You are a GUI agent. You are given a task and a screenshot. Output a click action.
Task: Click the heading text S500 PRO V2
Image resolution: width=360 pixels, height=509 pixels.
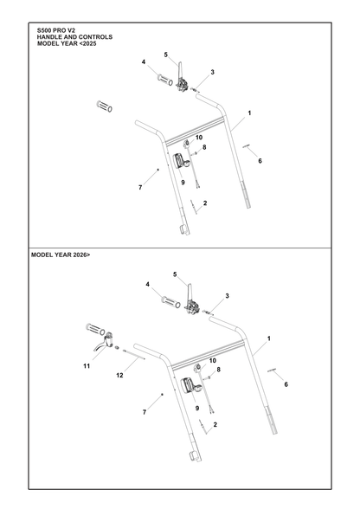(56, 30)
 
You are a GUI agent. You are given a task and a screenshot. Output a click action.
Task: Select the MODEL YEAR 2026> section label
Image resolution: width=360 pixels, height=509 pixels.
(61, 255)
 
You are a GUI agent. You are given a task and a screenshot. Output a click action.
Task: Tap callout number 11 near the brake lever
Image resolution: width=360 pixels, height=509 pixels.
(87, 366)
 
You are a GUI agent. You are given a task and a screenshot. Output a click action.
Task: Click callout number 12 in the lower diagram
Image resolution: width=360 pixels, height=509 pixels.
(119, 376)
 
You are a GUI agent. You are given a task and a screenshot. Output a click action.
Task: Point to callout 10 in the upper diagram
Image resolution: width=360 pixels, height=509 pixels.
(199, 138)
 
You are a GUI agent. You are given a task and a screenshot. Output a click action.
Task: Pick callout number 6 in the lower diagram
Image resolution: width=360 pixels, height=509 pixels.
(286, 384)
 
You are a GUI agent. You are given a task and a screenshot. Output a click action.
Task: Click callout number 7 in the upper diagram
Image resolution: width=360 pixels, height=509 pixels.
(140, 188)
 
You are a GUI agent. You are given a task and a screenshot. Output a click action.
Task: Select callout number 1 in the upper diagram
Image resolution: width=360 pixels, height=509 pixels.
(249, 113)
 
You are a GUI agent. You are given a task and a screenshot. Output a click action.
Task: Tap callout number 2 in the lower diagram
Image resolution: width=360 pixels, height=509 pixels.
(215, 424)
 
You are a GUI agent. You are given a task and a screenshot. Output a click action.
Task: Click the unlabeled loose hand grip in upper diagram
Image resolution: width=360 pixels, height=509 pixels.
(104, 106)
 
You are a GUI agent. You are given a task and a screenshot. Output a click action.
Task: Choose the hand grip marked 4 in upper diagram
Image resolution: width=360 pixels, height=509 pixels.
(165, 81)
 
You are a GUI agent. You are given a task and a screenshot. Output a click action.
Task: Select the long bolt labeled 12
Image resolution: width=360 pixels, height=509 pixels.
(134, 354)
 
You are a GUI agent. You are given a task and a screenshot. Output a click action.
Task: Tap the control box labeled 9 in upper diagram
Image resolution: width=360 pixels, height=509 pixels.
(182, 161)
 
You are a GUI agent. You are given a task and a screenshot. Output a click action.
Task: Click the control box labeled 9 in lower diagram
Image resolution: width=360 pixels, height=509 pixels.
(192, 386)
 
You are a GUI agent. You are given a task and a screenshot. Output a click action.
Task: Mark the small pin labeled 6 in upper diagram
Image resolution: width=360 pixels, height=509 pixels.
(247, 147)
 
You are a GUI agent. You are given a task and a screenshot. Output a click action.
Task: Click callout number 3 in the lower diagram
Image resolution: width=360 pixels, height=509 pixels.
(228, 296)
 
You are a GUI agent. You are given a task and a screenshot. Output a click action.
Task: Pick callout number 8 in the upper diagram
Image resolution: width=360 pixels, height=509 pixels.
(204, 147)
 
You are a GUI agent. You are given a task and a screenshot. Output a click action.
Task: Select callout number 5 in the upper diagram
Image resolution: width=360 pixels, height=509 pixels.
(166, 55)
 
